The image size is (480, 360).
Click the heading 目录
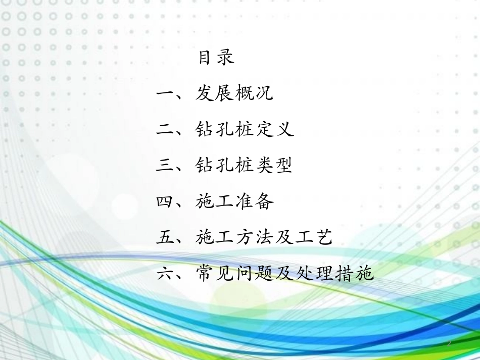click(216, 58)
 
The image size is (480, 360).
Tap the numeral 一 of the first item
click(165, 94)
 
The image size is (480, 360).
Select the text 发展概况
click(234, 93)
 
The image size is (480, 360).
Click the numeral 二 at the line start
click(165, 130)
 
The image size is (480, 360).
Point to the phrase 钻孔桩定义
click(245, 130)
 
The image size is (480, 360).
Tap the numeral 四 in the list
click(165, 202)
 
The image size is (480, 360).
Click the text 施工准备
click(234, 202)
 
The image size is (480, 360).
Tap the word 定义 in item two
click(274, 130)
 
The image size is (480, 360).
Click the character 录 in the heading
click(226, 58)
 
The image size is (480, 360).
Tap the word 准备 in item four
click(254, 202)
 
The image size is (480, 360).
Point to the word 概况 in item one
click(254, 93)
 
